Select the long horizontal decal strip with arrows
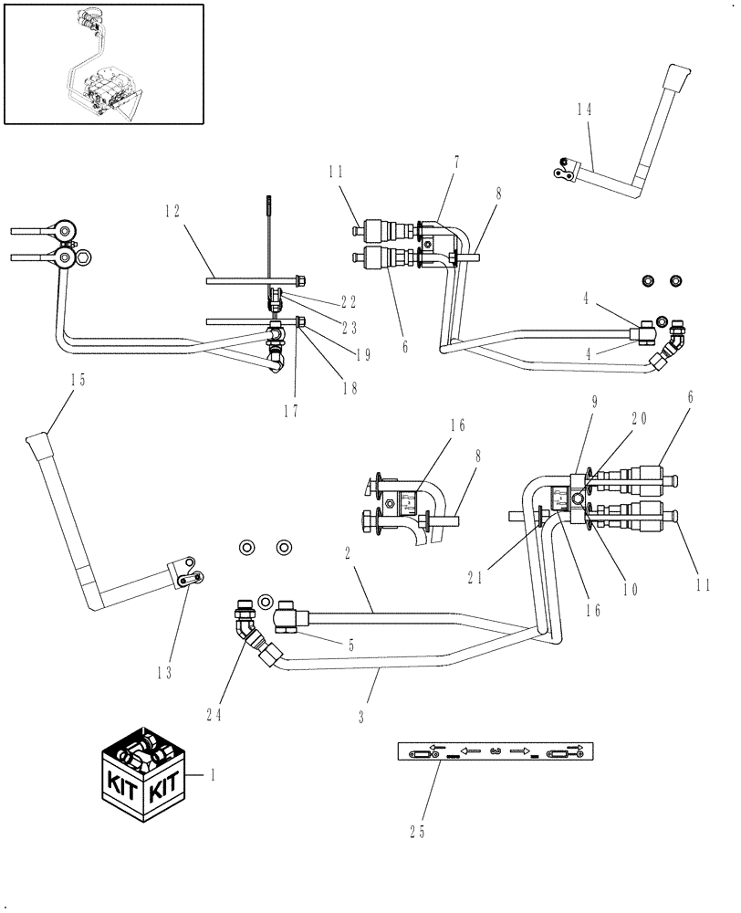(496, 752)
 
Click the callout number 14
(584, 108)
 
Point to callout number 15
(78, 381)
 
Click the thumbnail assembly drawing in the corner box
(102, 63)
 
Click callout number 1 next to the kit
(213, 775)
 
